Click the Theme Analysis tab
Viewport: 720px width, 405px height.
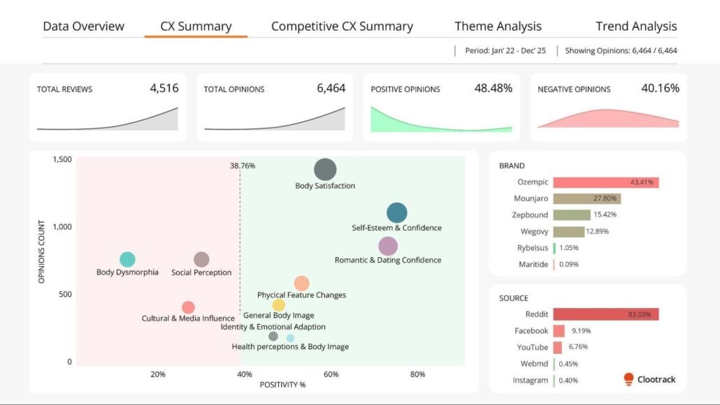498,27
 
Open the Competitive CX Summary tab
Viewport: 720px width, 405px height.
342,27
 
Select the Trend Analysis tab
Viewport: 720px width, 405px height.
636,27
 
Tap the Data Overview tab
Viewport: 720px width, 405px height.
83,27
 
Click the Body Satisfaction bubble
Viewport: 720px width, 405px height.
325,170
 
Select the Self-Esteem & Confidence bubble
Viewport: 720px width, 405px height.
396,213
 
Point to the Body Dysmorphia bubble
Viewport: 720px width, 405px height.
127,260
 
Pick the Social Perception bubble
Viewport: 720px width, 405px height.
201,260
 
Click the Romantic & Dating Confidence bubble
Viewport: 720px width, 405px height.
388,246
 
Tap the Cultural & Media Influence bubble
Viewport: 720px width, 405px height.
188,307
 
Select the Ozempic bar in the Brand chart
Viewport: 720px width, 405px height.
605,182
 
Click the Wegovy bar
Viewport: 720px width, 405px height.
568,231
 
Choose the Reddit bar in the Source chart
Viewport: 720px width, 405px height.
605,314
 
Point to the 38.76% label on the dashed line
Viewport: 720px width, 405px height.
243,166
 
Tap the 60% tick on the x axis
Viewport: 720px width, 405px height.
331,374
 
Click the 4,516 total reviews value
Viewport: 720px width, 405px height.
164,88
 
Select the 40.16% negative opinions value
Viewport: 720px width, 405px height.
660,88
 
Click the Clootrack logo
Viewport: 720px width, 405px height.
650,380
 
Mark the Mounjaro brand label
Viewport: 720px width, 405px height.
531,198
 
